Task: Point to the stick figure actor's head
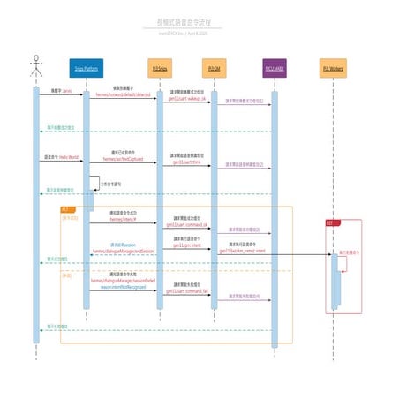[x=36, y=59]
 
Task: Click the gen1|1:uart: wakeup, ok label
[x=187, y=99]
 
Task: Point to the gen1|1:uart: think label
[x=187, y=162]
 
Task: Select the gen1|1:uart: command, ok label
[x=187, y=225]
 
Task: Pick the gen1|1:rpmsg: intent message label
[x=187, y=245]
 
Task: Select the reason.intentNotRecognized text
[x=123, y=287]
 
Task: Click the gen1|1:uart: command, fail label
[x=187, y=290]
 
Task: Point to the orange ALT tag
[x=65, y=209]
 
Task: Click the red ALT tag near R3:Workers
[x=329, y=223]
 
